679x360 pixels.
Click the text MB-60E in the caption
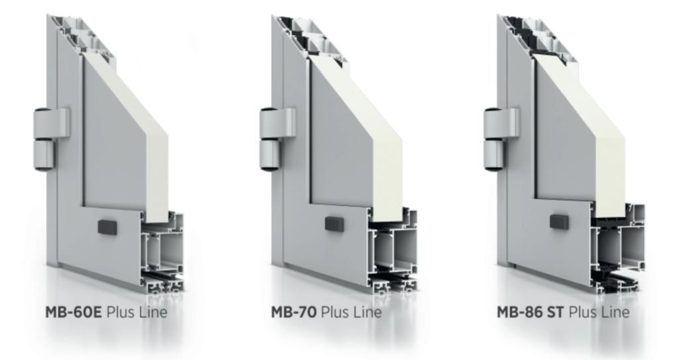(74, 312)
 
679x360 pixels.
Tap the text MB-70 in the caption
(294, 312)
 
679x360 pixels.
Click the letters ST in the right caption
(555, 312)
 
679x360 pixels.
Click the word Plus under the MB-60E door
(121, 312)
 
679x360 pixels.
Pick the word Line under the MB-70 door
(367, 312)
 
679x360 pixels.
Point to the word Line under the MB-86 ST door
(614, 312)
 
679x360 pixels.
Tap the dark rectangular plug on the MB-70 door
(334, 223)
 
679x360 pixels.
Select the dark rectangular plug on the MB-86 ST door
(559, 222)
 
